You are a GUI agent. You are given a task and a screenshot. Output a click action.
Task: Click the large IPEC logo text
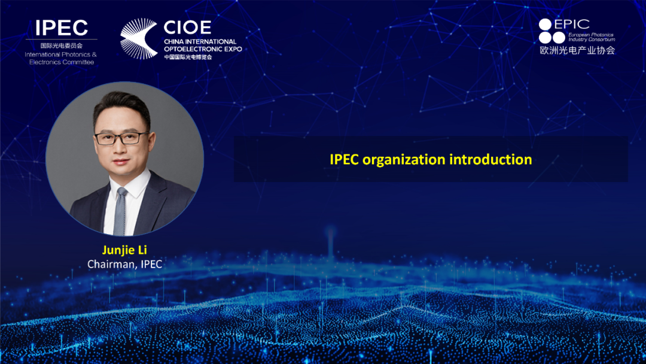click(62, 28)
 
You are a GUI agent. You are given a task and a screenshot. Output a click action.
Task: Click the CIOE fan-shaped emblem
click(138, 38)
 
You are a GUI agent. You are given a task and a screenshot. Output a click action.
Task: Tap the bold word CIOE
click(187, 28)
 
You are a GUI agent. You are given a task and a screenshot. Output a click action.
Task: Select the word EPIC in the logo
click(572, 25)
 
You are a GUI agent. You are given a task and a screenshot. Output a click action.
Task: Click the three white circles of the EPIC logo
click(551, 31)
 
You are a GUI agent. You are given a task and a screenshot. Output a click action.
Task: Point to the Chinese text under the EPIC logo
click(577, 50)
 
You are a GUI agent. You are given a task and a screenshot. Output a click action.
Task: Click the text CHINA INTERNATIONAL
click(200, 42)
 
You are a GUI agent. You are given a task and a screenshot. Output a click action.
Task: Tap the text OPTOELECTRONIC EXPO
click(203, 49)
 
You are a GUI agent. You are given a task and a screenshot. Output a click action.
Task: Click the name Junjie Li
click(124, 250)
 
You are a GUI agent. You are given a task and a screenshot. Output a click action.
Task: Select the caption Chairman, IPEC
click(125, 264)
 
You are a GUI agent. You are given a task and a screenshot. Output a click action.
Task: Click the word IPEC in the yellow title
click(344, 159)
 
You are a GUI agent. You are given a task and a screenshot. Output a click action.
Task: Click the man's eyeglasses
click(121, 138)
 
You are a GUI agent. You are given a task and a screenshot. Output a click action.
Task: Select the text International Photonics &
click(60, 54)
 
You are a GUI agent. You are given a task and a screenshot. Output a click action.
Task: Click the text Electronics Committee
click(62, 62)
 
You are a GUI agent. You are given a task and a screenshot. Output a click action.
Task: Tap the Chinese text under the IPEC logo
click(62, 45)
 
